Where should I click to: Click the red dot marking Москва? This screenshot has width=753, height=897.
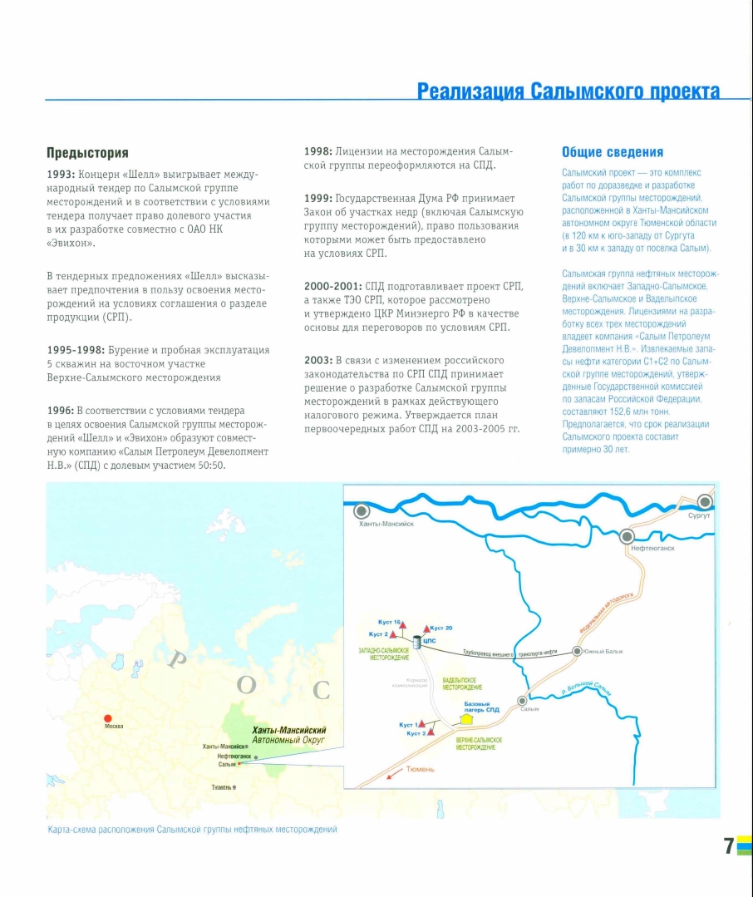pyautogui.click(x=107, y=718)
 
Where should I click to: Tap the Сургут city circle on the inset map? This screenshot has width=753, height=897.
pyautogui.click(x=705, y=501)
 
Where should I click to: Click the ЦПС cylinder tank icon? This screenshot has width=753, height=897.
pyautogui.click(x=417, y=643)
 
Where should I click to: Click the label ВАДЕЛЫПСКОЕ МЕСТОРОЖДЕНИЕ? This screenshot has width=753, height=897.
pyautogui.click(x=462, y=685)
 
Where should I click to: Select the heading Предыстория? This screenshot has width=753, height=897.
pyautogui.click(x=87, y=153)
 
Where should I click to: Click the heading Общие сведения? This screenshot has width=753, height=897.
pyautogui.click(x=613, y=152)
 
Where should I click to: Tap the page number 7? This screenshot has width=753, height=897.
pyautogui.click(x=728, y=846)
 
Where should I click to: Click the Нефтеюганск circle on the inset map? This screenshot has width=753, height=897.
pyautogui.click(x=627, y=536)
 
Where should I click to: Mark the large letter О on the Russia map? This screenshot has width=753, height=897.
pyautogui.click(x=246, y=685)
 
